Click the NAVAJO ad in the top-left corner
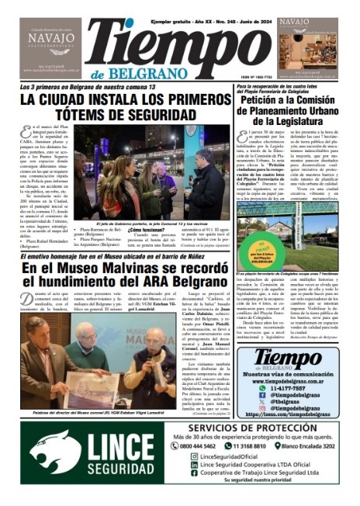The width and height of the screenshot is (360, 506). [50, 47]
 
